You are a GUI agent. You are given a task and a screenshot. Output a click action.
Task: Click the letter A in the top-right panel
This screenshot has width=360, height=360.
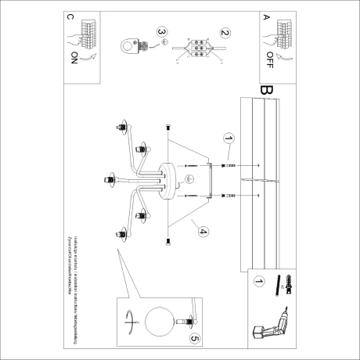point(266,16)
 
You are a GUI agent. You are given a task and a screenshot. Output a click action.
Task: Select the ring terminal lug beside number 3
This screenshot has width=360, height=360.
point(130,47)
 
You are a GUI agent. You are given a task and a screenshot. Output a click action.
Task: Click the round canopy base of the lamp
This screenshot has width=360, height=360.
point(167,179)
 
